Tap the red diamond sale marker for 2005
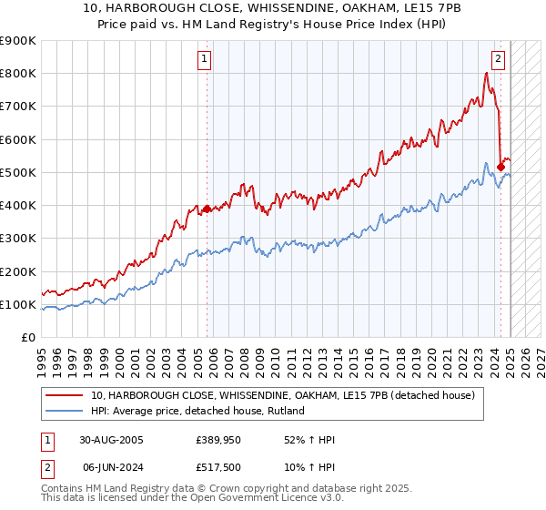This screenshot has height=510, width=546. click(x=207, y=209)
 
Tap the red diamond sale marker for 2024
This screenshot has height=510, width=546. click(x=500, y=167)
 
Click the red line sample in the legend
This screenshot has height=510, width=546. click(x=65, y=395)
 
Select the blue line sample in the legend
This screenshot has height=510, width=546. click(x=65, y=411)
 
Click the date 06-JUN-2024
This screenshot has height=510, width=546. click(x=111, y=467)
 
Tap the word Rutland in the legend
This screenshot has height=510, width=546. click(x=285, y=411)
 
